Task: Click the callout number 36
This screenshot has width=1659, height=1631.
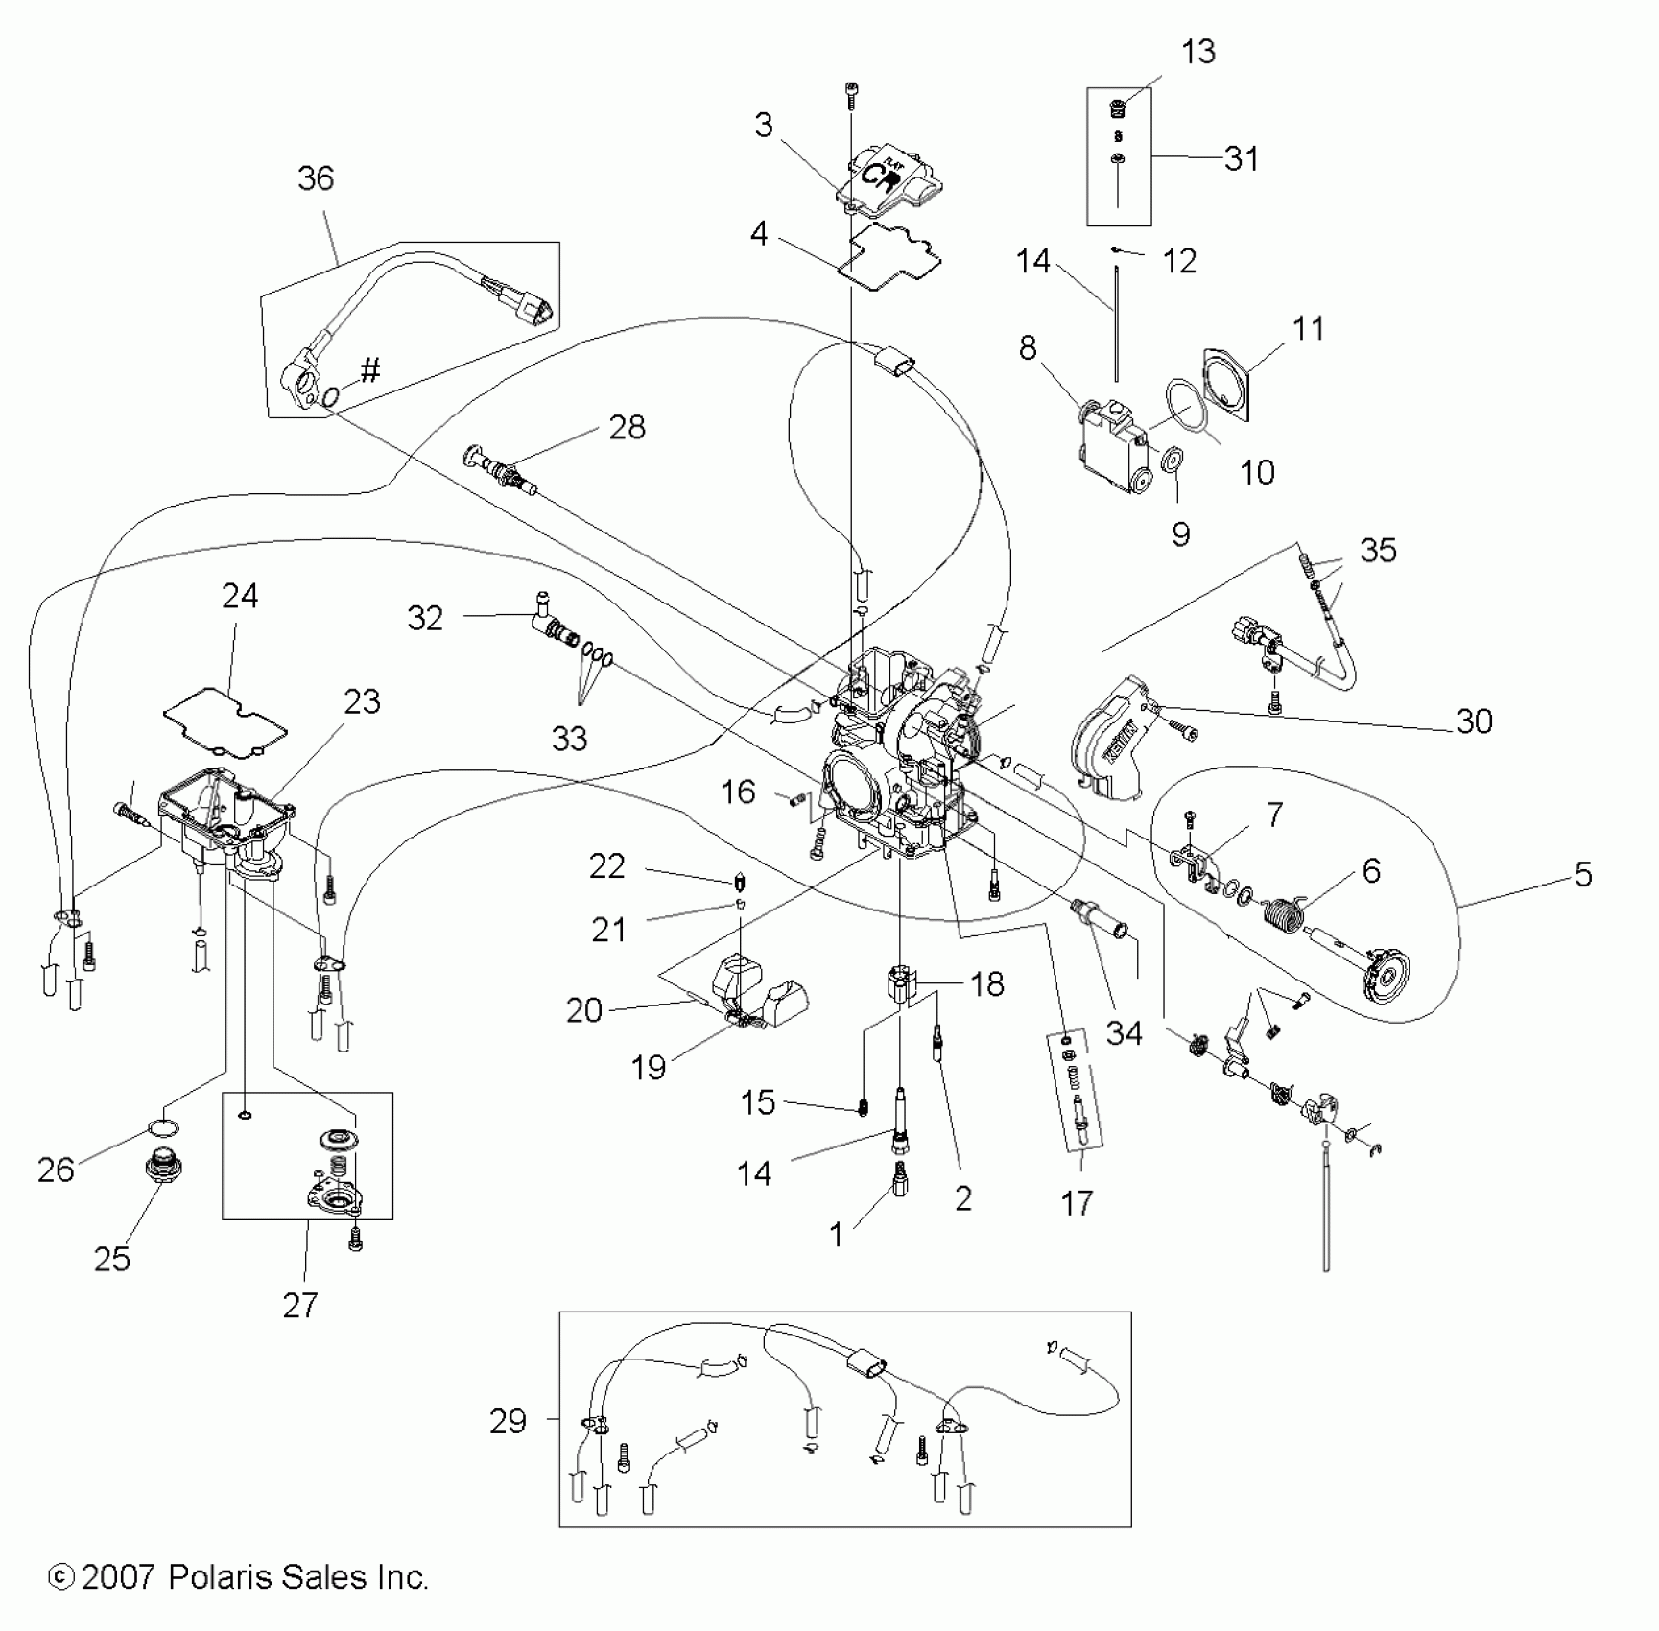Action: (x=316, y=178)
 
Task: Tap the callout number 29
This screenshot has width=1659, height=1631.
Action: (x=508, y=1421)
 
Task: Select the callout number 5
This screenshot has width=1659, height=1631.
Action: (x=1582, y=874)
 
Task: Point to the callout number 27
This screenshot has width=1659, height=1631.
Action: (x=299, y=1305)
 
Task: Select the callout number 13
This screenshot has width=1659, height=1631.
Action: (x=1198, y=51)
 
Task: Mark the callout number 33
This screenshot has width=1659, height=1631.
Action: (x=569, y=739)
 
